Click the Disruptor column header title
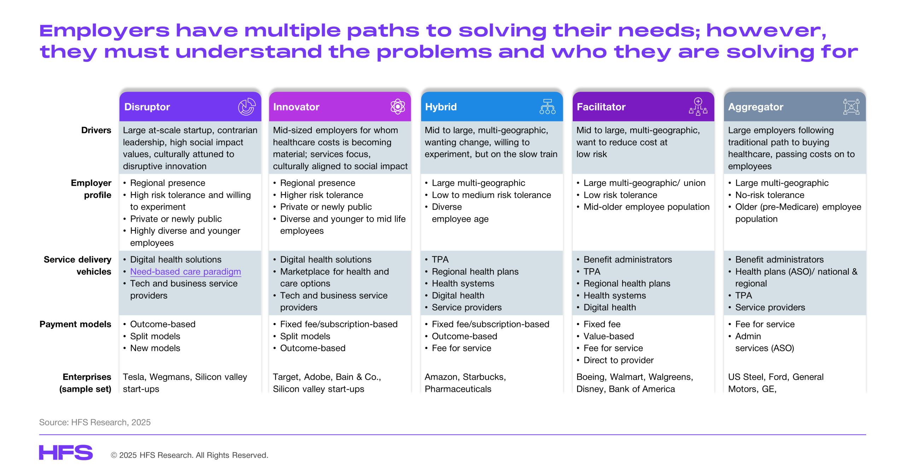pyautogui.click(x=147, y=107)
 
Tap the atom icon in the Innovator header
pyautogui.click(x=398, y=106)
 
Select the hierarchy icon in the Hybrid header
pyautogui.click(x=547, y=106)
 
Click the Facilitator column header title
pyautogui.click(x=601, y=107)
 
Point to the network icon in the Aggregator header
pyautogui.click(x=851, y=106)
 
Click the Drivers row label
pyautogui.click(x=96, y=130)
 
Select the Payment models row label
pyautogui.click(x=75, y=324)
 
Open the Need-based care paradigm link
pyautogui.click(x=186, y=272)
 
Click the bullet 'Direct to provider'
pyautogui.click(x=618, y=360)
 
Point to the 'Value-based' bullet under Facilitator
pyautogui.click(x=608, y=336)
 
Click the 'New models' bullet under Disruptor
pyautogui.click(x=155, y=348)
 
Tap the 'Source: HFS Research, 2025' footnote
pyautogui.click(x=95, y=422)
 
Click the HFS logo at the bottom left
pyautogui.click(x=66, y=452)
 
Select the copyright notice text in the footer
pyautogui.click(x=189, y=455)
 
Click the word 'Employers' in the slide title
pyautogui.click(x=105, y=31)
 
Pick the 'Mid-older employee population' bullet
pyautogui.click(x=646, y=207)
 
